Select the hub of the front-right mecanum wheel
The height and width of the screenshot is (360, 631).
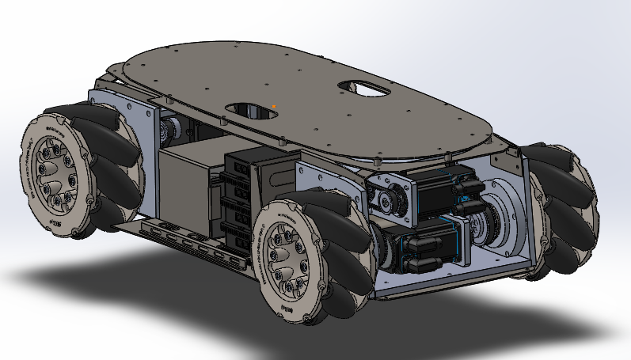click(286, 256)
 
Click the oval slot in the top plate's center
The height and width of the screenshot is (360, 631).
click(252, 110)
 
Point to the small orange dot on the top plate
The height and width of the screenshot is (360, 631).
click(274, 105)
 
